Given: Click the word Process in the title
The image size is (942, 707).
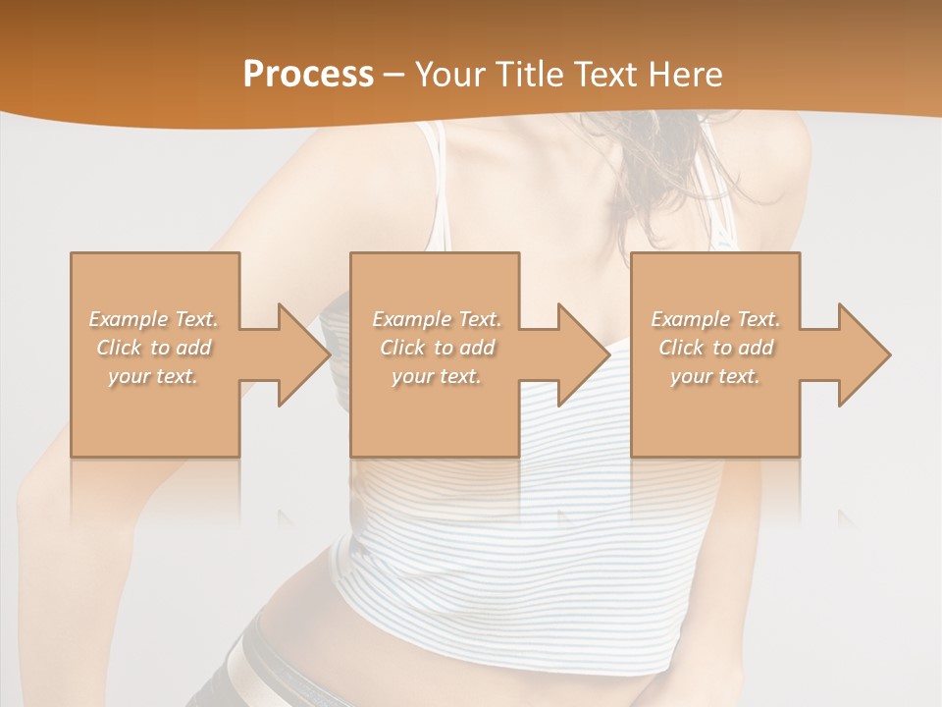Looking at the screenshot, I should click(x=308, y=74).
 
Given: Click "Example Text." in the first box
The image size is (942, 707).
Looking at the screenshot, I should click(x=154, y=319).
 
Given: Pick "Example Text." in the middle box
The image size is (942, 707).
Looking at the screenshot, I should click(x=437, y=319).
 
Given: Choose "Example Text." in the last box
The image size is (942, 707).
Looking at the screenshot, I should click(x=715, y=319).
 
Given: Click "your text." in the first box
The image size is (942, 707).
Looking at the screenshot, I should click(x=153, y=376).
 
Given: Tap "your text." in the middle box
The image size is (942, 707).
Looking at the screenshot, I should click(x=436, y=376).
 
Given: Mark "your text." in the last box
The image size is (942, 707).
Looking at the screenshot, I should click(x=714, y=376).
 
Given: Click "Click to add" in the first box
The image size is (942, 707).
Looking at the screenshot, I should click(x=154, y=348).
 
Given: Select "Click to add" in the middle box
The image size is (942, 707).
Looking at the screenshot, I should click(x=437, y=348).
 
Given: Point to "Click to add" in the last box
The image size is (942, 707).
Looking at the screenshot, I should click(x=715, y=348).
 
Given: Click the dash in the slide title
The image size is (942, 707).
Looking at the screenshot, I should click(x=394, y=75).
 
